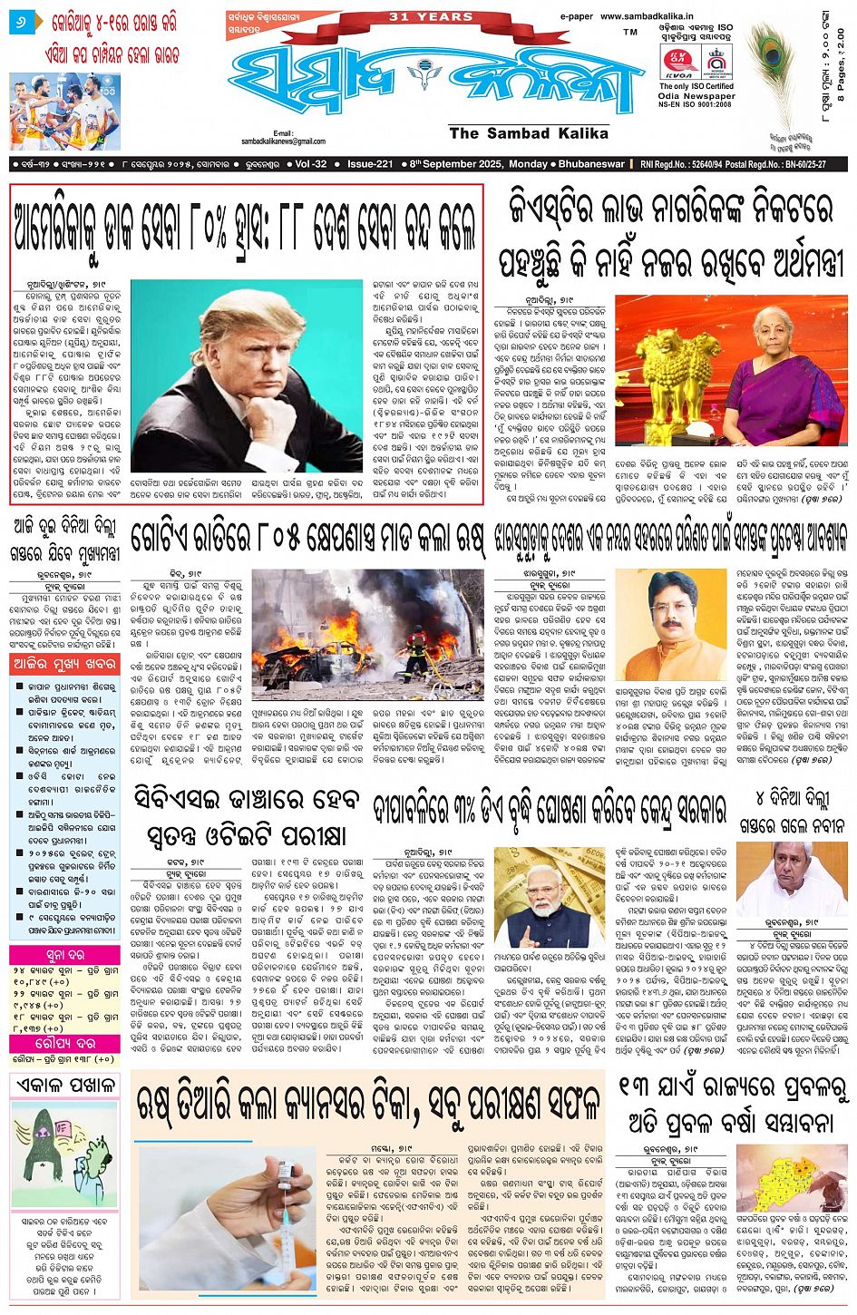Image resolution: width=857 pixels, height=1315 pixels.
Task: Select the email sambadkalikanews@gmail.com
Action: [x=283, y=141]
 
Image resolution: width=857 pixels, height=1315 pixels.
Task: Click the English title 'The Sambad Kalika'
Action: [x=529, y=133]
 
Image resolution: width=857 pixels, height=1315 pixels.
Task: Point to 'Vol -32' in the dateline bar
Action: [x=311, y=164]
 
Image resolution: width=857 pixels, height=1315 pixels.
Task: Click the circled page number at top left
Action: [x=20, y=20]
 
